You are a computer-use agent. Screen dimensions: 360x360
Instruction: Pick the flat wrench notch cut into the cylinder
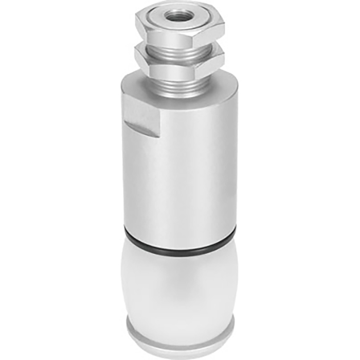140,111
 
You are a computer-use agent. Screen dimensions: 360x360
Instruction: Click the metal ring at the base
180,329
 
